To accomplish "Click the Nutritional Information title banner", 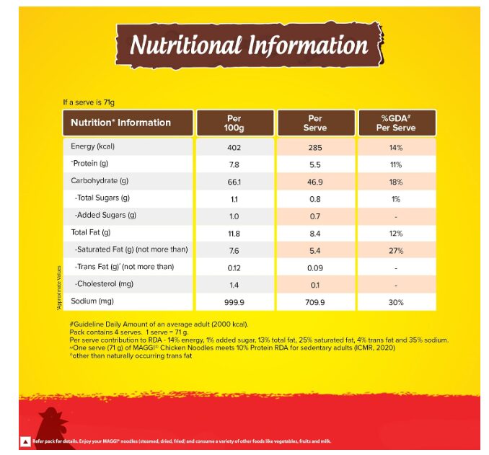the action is point(250,45).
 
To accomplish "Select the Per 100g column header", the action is point(235,123).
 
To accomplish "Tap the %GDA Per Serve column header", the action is point(397,123).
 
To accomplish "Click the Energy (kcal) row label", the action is point(92,146).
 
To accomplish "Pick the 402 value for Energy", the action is point(234,148).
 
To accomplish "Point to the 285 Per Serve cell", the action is point(315,148).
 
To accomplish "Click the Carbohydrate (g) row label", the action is point(100,181).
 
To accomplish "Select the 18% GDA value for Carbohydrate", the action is point(396,182).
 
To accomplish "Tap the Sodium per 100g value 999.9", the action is point(234,303).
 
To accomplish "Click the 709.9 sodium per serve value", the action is point(315,303).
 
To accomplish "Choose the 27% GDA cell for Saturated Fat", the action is point(396,251).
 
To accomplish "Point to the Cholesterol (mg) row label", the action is point(104,284).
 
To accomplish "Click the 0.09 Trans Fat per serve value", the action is point(315,268).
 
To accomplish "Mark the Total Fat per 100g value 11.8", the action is point(234,234).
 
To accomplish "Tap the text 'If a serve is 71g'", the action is point(89,102).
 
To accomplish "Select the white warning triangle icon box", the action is point(25,441).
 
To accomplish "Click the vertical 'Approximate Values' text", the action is point(58,288).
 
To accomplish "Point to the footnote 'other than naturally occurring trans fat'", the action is point(131,355).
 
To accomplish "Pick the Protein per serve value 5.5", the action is point(315,164).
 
